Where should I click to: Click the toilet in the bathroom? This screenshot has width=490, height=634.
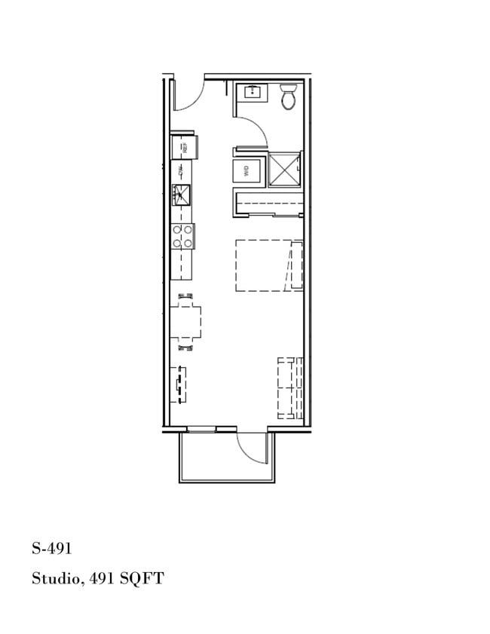point(289,96)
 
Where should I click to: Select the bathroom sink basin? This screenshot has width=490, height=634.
point(250,93)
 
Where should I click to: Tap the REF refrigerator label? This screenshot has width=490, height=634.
point(185,148)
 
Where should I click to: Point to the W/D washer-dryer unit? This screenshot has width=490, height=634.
point(246,171)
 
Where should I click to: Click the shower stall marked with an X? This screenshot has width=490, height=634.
point(284,169)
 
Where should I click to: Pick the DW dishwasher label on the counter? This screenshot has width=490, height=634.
point(181,173)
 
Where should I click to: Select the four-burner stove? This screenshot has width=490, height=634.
point(182,237)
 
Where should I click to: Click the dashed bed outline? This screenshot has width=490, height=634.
point(268,265)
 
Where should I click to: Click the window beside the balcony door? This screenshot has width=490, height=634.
point(201,430)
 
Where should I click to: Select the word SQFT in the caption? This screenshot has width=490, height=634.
point(142,579)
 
